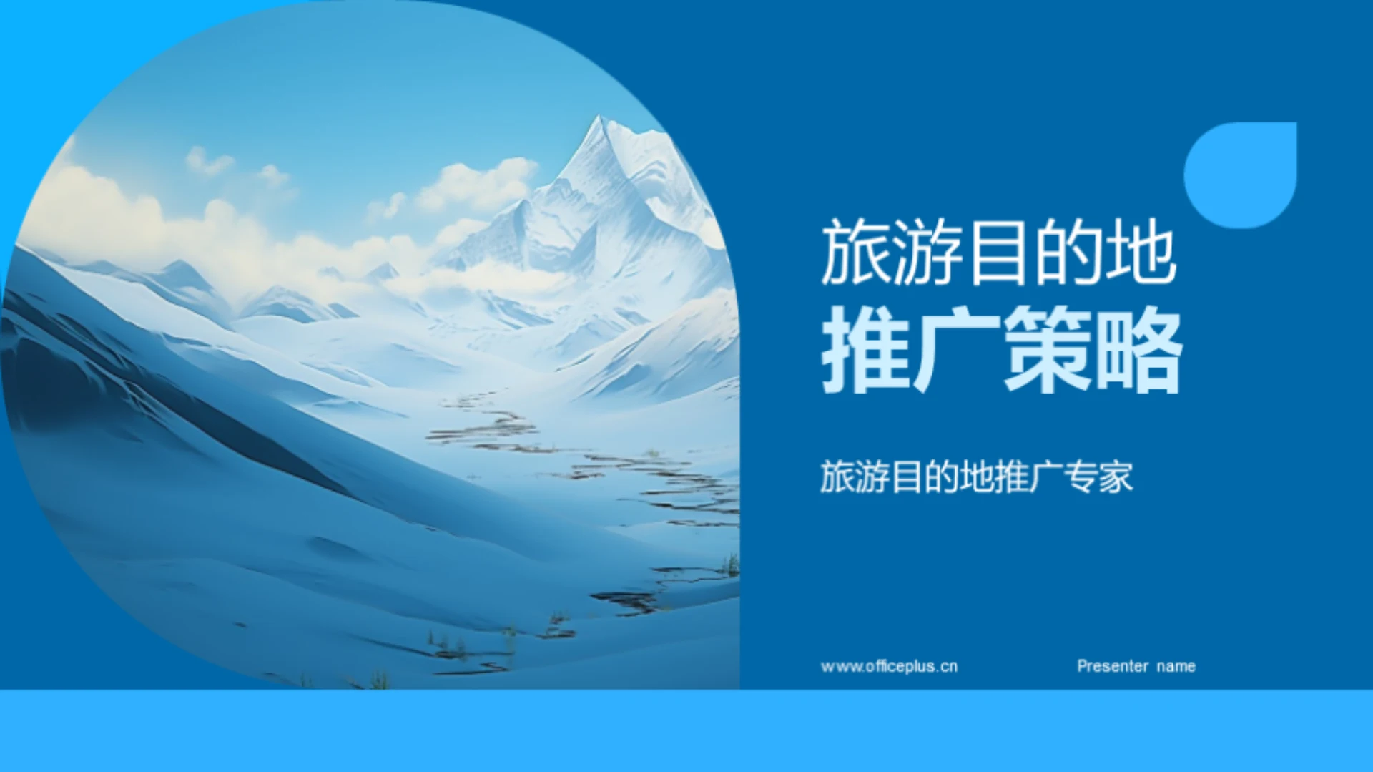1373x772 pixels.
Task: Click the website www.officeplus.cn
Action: click(x=889, y=666)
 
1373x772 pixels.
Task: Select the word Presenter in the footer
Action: click(x=1113, y=666)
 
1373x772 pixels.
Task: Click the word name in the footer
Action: click(x=1176, y=666)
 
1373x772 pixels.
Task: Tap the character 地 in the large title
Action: click(x=1141, y=253)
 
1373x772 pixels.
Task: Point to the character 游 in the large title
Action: click(x=927, y=253)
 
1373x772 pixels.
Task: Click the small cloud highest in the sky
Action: click(x=207, y=162)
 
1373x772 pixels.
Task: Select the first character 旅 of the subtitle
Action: click(x=837, y=477)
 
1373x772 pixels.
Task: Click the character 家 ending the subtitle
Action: click(x=1116, y=477)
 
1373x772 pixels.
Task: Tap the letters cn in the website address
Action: click(x=949, y=666)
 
